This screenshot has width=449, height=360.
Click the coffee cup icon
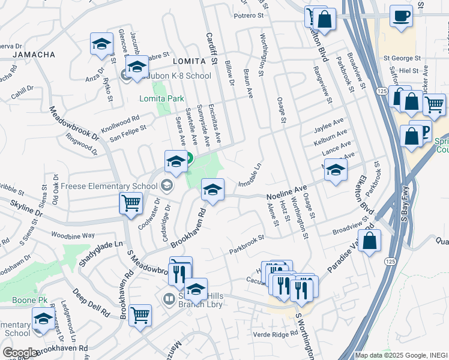(401, 16)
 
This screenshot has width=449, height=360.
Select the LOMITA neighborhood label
(185, 62)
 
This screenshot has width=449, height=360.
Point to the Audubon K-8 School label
(173, 76)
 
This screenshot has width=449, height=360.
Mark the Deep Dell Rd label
(91, 303)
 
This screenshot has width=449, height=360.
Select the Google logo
(20, 353)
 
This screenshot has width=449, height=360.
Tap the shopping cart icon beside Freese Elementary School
(130, 203)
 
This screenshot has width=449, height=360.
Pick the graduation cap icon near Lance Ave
(336, 170)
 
